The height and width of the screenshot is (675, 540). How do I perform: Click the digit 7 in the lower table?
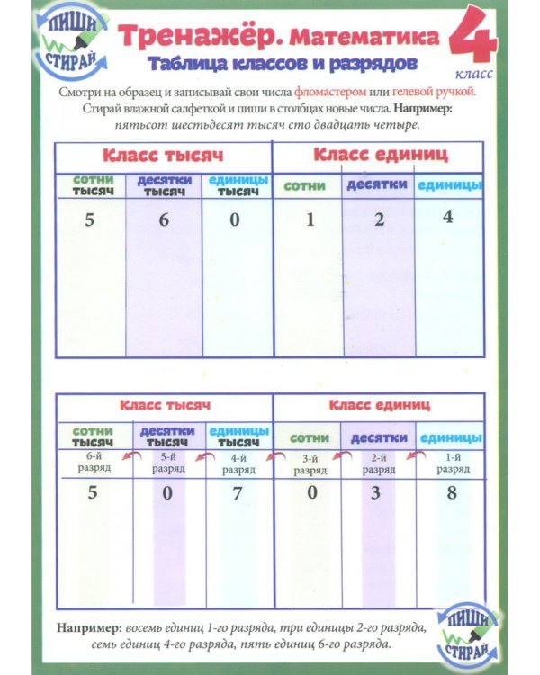click(x=237, y=493)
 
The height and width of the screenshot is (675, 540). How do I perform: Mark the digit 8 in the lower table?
click(x=451, y=493)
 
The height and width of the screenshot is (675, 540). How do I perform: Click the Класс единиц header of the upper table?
click(x=381, y=155)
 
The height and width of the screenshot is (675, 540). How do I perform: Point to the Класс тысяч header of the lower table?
click(x=165, y=406)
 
